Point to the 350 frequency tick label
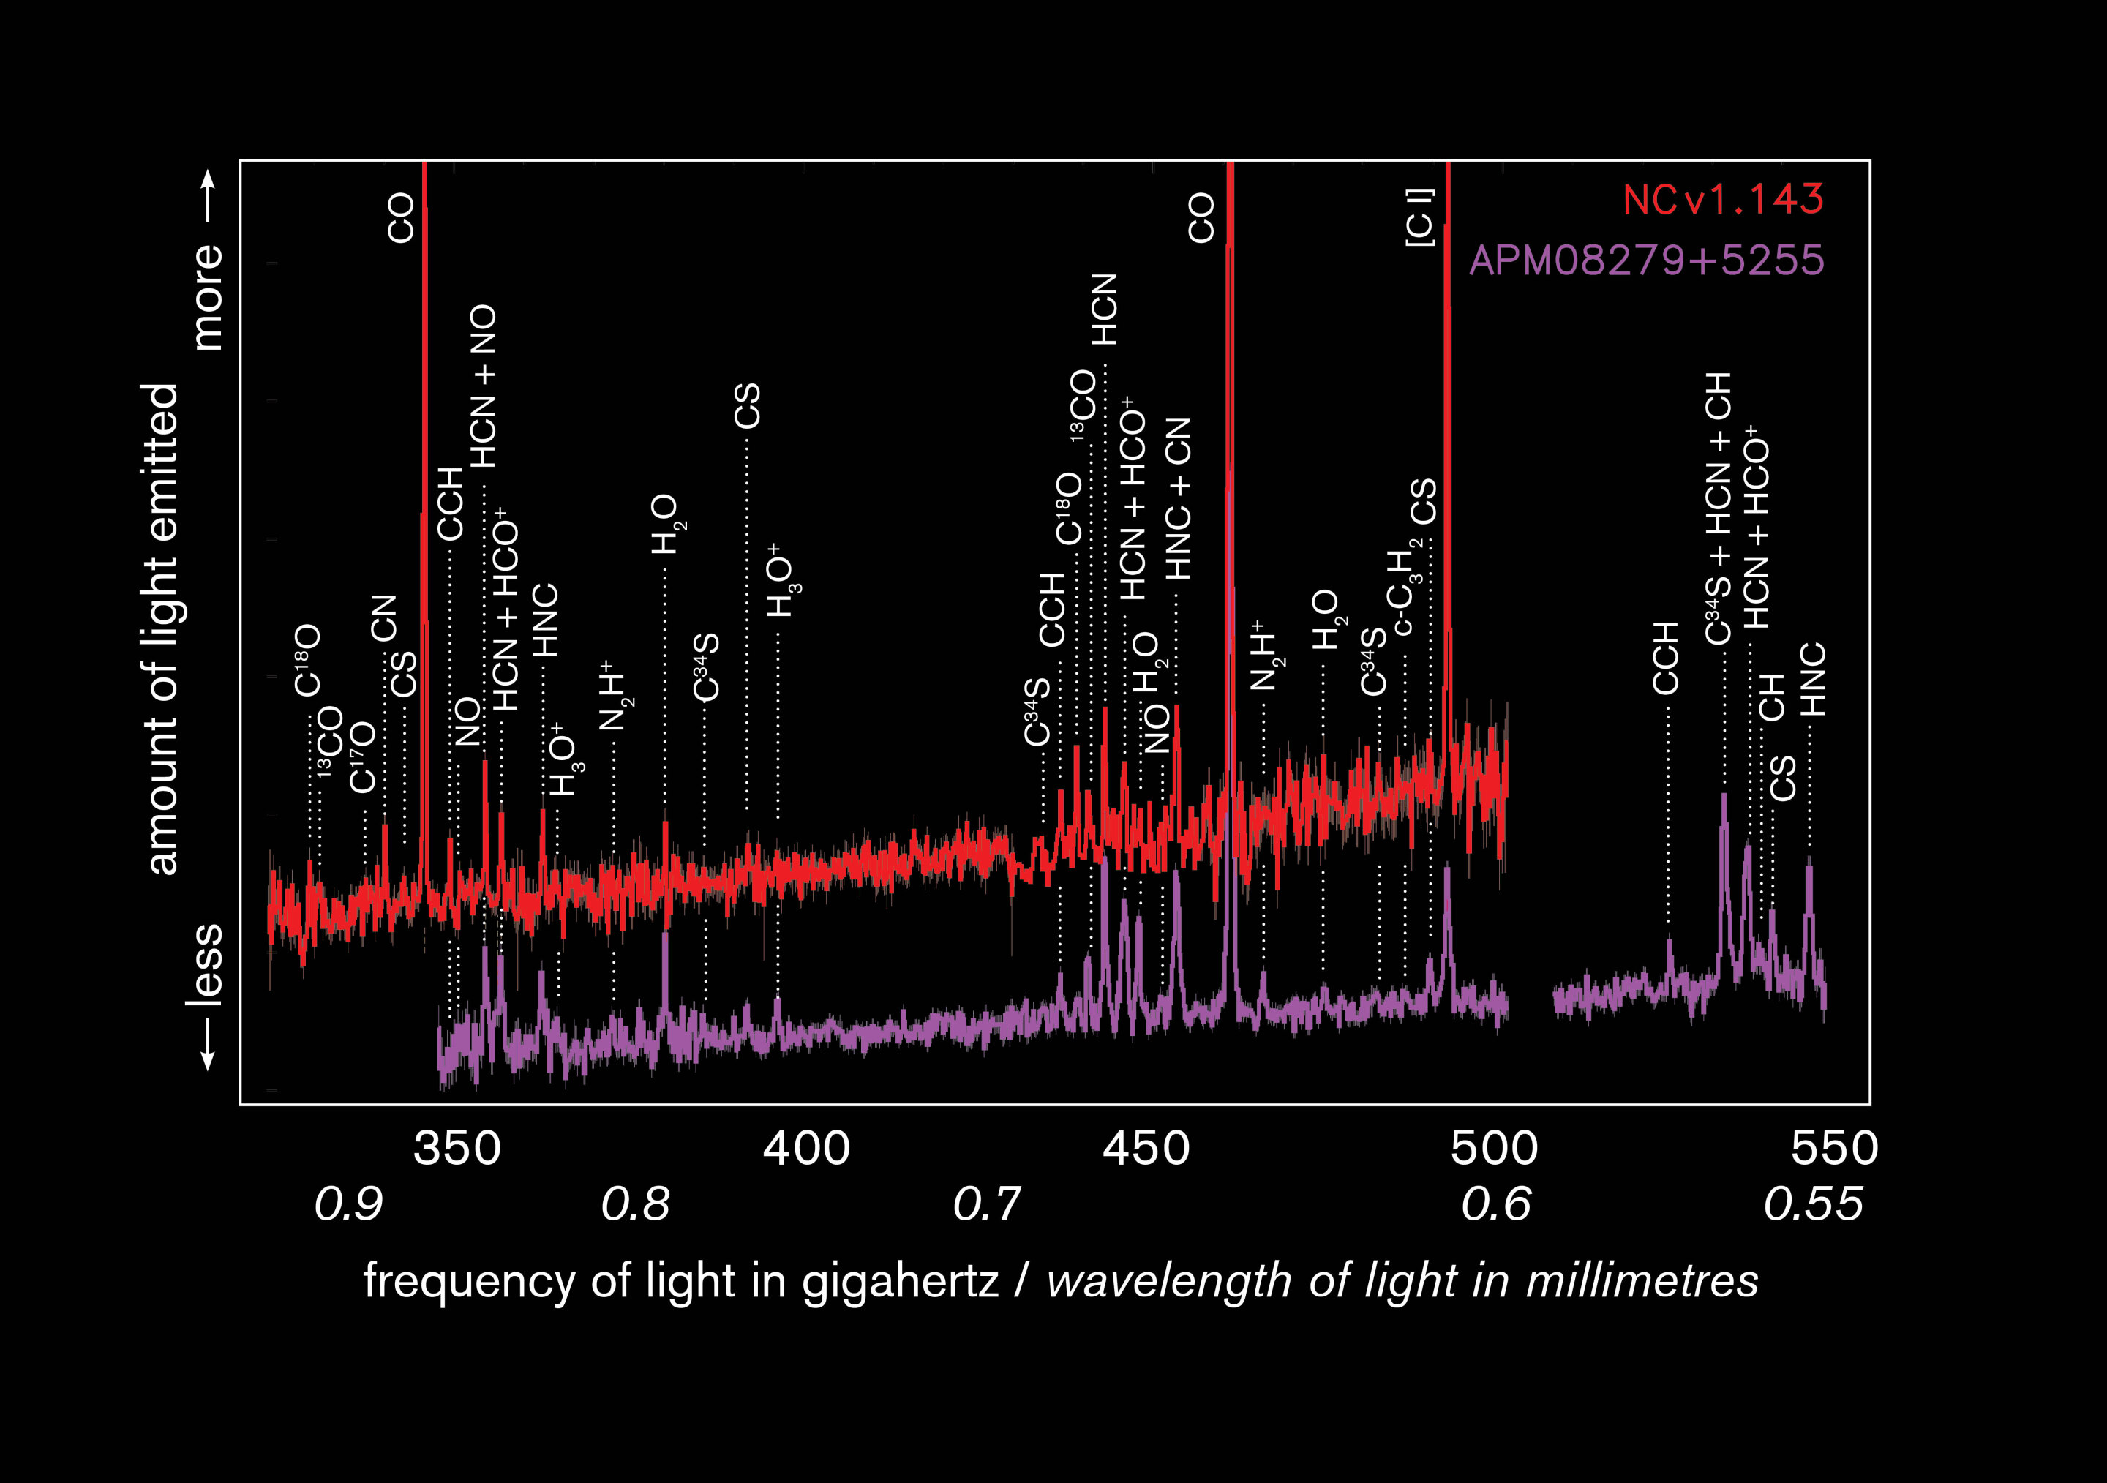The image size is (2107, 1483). coord(457,1149)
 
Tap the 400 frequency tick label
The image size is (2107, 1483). coord(807,1149)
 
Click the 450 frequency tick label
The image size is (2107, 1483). coord(1146,1149)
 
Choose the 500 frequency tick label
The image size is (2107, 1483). coord(1494,1149)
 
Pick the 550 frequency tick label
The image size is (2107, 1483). coord(1834,1149)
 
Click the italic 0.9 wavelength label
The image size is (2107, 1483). coord(349,1204)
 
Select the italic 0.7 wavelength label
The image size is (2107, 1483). coord(986,1204)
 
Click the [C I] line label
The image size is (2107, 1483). coord(1419,217)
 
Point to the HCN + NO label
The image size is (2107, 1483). coord(483,386)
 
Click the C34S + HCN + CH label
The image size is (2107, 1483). coord(1718,508)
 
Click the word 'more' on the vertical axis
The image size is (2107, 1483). coord(209,296)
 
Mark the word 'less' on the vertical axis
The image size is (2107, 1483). coord(209,964)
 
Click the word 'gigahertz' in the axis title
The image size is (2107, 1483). coord(899,1281)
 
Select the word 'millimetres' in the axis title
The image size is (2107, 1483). coord(1642,1281)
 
